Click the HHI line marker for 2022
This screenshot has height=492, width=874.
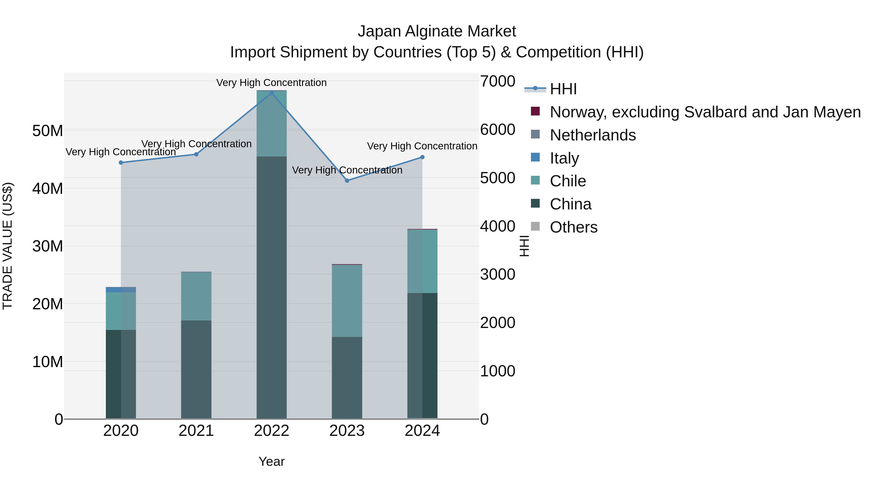[271, 93]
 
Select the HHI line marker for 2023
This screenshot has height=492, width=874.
[347, 181]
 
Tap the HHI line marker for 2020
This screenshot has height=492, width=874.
[121, 163]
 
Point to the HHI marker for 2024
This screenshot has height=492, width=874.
[422, 157]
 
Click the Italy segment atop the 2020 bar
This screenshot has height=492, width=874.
[121, 289]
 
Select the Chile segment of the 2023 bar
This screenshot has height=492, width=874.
[347, 301]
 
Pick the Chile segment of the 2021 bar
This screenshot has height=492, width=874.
[196, 296]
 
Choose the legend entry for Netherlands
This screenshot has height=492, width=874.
[592, 135]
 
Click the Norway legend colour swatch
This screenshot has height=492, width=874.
[535, 111]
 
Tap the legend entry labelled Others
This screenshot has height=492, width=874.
[573, 227]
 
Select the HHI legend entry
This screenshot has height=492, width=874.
[563, 89]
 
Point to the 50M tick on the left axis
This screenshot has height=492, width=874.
[48, 131]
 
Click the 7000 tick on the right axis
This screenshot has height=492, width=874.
[497, 81]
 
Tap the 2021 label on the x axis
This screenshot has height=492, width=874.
[196, 431]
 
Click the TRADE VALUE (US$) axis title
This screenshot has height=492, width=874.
[8, 246]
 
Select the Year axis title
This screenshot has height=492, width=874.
[271, 461]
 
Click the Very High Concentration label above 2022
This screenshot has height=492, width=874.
[271, 83]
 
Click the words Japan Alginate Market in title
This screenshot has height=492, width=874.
[437, 31]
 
